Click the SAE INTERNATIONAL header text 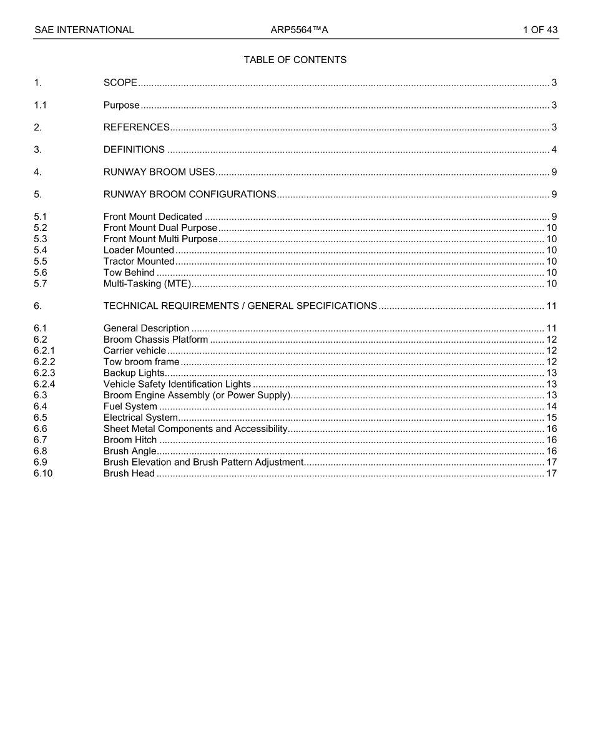coord(84,30)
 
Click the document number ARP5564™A coord(299,30)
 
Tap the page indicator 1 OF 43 coord(540,30)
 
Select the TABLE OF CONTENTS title coord(295,60)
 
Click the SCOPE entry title coord(120,83)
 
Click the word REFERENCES coord(136,127)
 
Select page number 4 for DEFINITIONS coord(554,150)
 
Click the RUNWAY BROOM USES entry coord(159,172)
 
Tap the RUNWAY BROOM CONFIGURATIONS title coord(190,195)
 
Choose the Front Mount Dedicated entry coord(153,217)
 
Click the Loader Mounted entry coord(139,250)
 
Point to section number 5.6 coord(41,273)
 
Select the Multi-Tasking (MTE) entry coord(147,284)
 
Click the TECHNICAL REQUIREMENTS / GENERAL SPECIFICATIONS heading coord(240,306)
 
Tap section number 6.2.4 coord(44,384)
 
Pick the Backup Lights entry coord(134,373)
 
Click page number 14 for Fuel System coord(551,407)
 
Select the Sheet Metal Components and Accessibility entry coord(195,429)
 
